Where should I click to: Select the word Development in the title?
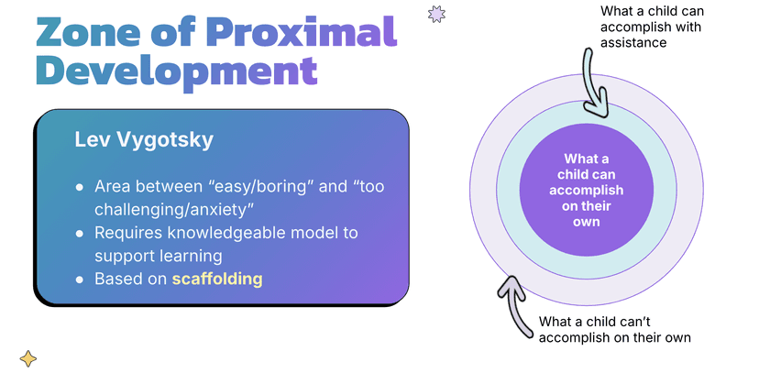tap(175, 71)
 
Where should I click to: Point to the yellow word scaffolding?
tap(217, 279)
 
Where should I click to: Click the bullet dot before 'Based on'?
tap(80, 279)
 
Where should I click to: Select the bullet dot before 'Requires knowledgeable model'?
tap(80, 233)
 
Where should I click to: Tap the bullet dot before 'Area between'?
tap(80, 187)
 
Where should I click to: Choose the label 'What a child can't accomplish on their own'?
tap(614, 329)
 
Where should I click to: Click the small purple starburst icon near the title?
tap(437, 13)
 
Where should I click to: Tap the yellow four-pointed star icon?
tap(28, 358)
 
